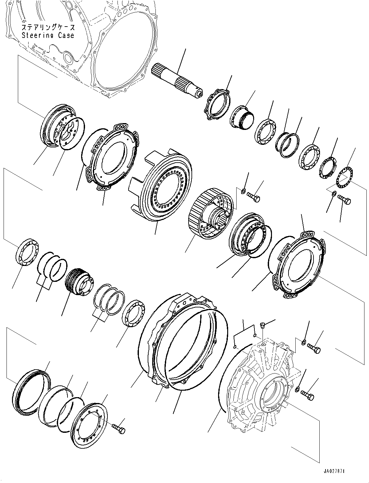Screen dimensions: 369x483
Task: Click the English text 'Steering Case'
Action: click(48, 35)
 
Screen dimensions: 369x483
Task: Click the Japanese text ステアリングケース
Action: click(48, 28)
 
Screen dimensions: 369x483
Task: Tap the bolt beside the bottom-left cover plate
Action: click(119, 428)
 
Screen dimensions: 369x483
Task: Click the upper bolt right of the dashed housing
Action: click(313, 348)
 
